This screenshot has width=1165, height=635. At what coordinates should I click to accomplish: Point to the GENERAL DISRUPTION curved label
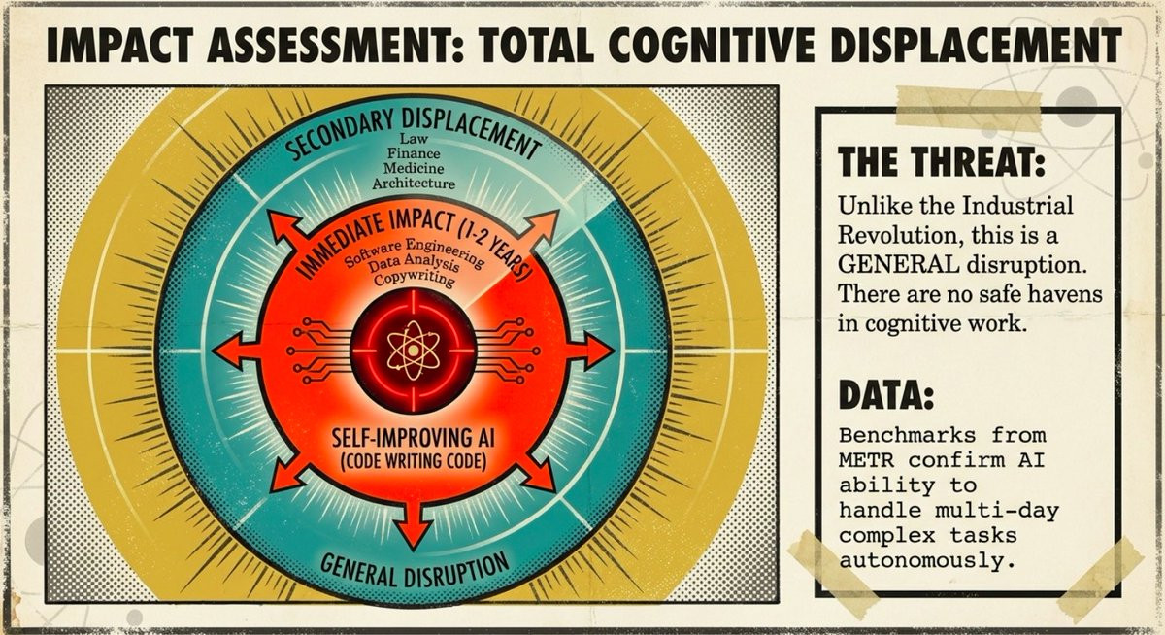414,566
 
